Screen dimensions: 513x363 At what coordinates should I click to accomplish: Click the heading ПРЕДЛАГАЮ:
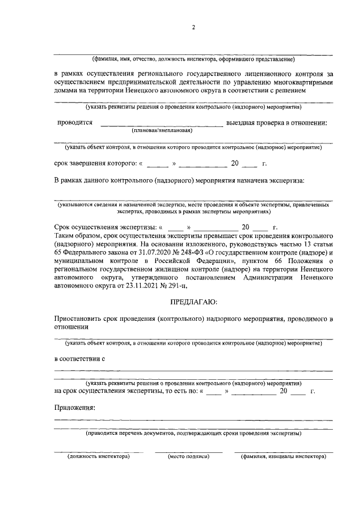click(193, 301)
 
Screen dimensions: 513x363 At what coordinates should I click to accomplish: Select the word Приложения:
click(74, 407)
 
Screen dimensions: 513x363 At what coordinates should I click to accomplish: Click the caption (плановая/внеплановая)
click(162, 130)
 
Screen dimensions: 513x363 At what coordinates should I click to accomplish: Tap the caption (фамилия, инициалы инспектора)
click(284, 456)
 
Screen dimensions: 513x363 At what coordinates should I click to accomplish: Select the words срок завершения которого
click(94, 164)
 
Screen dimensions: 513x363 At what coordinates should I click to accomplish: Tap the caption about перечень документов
click(193, 434)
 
